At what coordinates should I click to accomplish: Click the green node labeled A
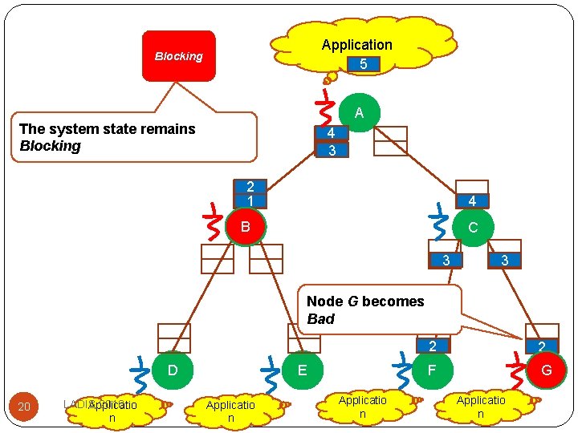click(x=359, y=113)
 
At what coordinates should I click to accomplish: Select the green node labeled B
click(x=245, y=227)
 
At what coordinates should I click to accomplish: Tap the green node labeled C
click(x=472, y=227)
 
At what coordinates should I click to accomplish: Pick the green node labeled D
click(x=172, y=370)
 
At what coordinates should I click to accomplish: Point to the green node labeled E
click(x=302, y=370)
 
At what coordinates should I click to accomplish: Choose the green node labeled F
click(x=432, y=370)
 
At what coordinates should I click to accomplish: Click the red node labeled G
click(x=546, y=370)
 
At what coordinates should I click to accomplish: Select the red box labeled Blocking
click(x=179, y=56)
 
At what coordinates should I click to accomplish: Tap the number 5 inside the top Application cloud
click(x=363, y=63)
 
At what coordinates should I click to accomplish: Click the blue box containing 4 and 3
click(x=332, y=141)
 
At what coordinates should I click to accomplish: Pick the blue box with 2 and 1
click(x=250, y=193)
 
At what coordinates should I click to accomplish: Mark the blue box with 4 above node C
click(x=472, y=200)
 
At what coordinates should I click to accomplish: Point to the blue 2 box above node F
click(x=432, y=346)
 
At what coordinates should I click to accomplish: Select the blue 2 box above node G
click(x=542, y=346)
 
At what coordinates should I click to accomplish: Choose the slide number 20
click(x=24, y=407)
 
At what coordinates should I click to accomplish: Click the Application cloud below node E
click(x=230, y=411)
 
